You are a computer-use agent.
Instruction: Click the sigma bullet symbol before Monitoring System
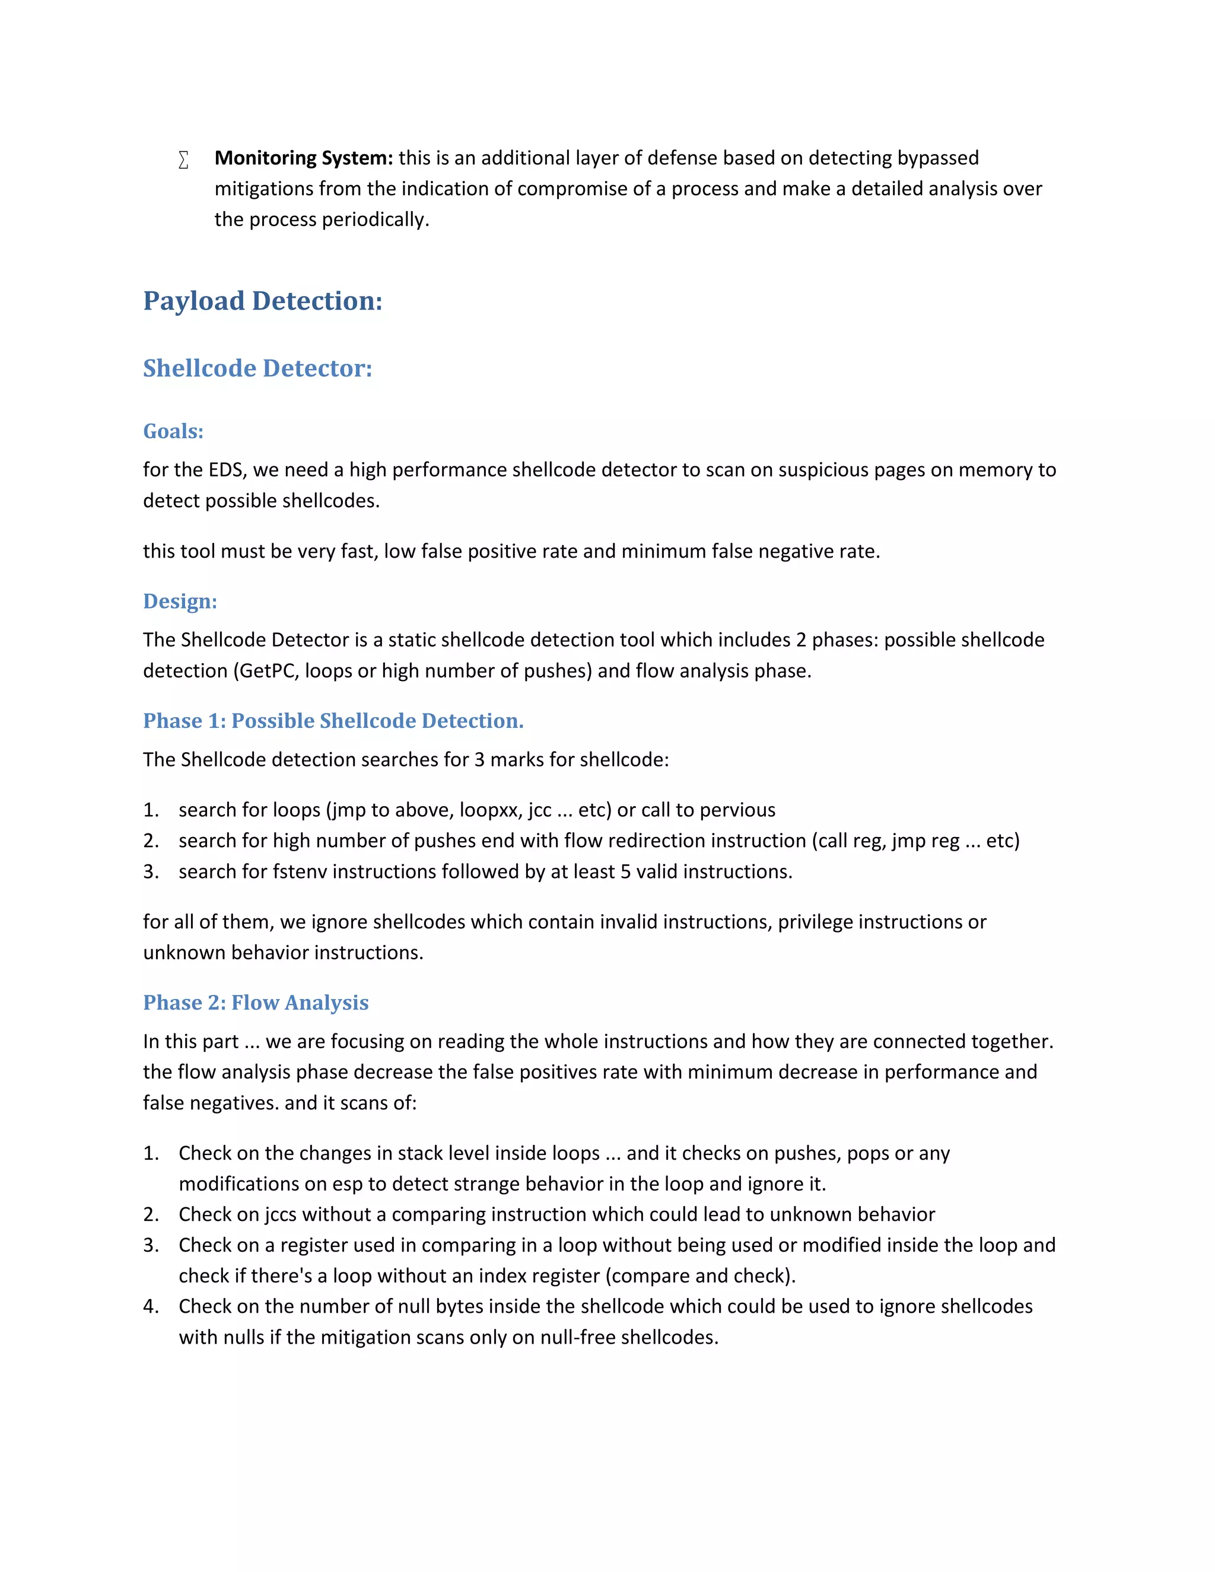pyautogui.click(x=183, y=160)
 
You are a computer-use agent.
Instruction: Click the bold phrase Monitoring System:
pyautogui.click(x=304, y=158)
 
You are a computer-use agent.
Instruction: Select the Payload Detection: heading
pyautogui.click(x=263, y=301)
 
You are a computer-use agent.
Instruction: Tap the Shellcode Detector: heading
pyautogui.click(x=257, y=368)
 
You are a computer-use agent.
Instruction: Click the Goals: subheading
pyautogui.click(x=173, y=431)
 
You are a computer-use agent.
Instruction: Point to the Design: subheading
pyautogui.click(x=180, y=601)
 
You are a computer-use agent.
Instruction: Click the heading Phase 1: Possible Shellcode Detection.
pyautogui.click(x=333, y=721)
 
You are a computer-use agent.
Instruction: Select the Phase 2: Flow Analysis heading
pyautogui.click(x=256, y=1003)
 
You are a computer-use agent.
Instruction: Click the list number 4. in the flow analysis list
pyautogui.click(x=151, y=1306)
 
